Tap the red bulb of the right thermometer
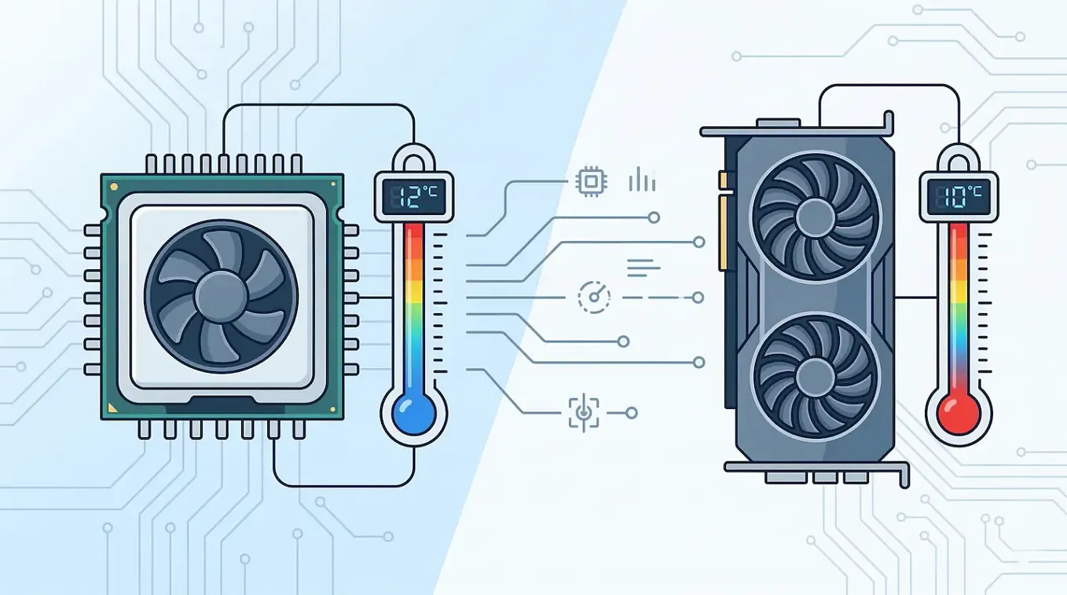(959, 413)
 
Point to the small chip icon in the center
(591, 181)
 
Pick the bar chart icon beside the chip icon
(642, 180)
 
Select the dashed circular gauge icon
(593, 297)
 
